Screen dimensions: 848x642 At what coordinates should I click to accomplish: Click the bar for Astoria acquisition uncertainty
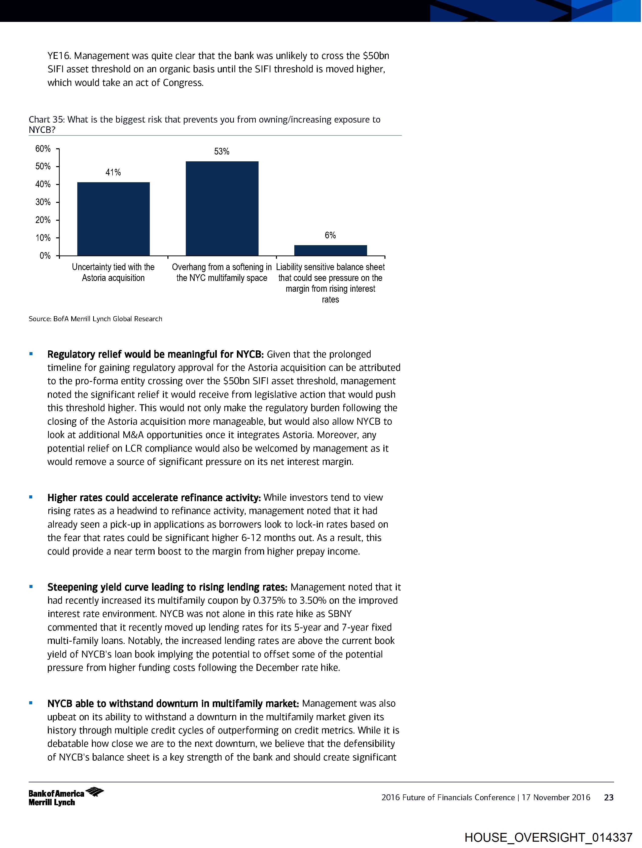coord(114,218)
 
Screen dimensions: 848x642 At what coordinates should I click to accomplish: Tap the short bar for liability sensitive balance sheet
coord(330,250)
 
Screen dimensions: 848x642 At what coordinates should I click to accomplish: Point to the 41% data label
coord(113,172)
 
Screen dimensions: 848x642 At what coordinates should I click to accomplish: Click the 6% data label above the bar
coord(330,235)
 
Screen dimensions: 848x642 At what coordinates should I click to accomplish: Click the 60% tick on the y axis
coord(43,149)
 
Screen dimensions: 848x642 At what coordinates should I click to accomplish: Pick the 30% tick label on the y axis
coord(43,202)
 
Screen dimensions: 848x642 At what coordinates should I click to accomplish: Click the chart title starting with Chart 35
coord(204,124)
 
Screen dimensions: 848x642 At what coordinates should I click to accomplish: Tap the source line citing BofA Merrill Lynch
coord(95,319)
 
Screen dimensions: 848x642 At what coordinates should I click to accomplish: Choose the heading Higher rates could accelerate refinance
coord(154,498)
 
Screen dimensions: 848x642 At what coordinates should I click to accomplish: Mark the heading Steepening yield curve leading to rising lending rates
coord(167,587)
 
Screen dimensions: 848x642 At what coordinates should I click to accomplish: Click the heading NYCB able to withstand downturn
coord(172,704)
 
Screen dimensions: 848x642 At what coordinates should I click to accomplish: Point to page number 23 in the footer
coord(609,798)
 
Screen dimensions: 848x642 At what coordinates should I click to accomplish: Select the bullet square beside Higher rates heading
coord(31,497)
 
